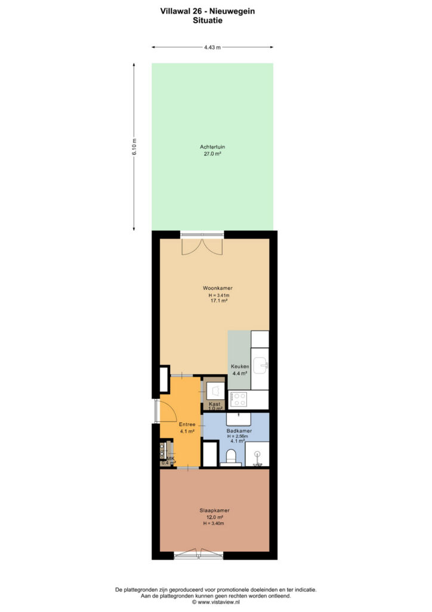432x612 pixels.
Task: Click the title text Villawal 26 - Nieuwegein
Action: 207,11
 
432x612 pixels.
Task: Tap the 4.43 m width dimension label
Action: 212,47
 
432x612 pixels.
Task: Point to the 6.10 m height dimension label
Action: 134,147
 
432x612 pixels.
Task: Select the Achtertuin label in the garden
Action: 212,147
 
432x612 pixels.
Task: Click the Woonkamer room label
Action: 217,288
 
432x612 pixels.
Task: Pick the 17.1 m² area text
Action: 219,301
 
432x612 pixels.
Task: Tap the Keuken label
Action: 240,366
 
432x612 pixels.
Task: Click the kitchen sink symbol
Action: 260,365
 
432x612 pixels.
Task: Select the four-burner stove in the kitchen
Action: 239,399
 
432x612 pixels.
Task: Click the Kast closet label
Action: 215,404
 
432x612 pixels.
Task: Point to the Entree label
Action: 187,424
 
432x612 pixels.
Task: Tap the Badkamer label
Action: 239,431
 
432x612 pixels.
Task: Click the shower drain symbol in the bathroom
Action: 257,454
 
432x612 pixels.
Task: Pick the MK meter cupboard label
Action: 171,458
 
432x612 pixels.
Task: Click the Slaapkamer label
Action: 215,510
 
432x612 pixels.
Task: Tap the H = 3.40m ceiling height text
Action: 214,524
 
